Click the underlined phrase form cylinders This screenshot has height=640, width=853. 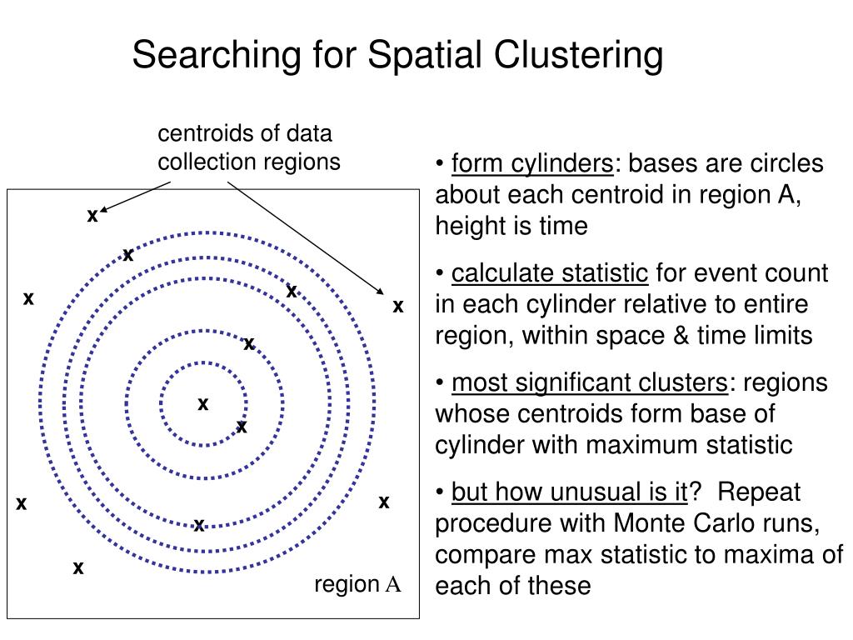(x=531, y=163)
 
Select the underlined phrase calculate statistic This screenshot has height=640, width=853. (x=550, y=273)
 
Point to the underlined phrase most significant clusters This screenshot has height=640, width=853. (x=589, y=383)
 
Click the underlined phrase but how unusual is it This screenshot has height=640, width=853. (x=569, y=492)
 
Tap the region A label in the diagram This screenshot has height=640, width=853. (x=357, y=585)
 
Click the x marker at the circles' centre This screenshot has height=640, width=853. (x=202, y=404)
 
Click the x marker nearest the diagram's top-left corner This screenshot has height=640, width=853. (x=92, y=216)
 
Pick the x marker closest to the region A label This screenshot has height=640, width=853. (x=384, y=502)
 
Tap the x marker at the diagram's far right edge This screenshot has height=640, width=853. (x=398, y=307)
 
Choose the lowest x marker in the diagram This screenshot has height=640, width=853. (x=78, y=568)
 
